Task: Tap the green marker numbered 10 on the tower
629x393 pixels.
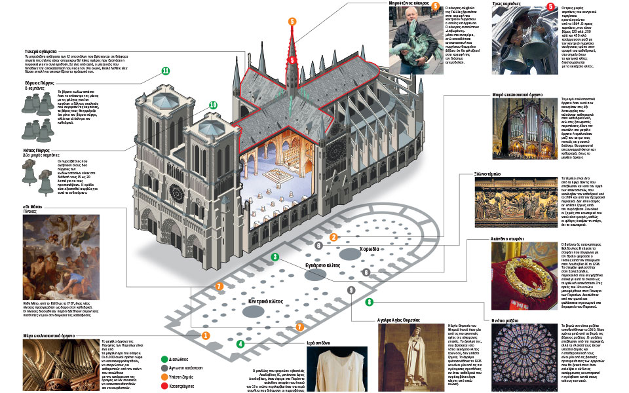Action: pos(213,105)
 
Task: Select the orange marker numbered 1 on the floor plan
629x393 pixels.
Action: pos(205,335)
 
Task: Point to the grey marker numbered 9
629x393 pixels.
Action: pos(351,290)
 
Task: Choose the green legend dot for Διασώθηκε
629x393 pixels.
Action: pos(164,358)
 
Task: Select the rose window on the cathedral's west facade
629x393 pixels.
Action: pos(176,193)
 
